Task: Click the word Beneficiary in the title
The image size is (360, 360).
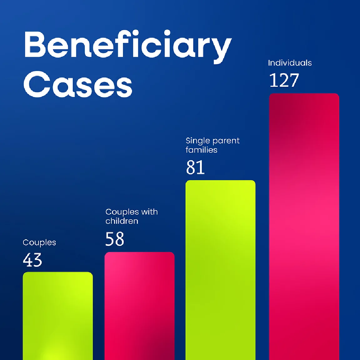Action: (128, 45)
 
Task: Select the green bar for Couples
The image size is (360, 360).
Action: (58, 316)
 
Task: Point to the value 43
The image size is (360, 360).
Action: (32, 260)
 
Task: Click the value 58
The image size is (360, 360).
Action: (115, 239)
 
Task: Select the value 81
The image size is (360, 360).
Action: (195, 167)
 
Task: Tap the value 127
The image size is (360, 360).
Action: (284, 80)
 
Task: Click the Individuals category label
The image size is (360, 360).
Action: (290, 63)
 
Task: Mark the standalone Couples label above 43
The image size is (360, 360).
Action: (39, 242)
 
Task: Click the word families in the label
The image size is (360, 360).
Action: (201, 150)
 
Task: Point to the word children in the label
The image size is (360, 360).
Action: (122, 221)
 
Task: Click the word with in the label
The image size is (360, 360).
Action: (150, 212)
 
